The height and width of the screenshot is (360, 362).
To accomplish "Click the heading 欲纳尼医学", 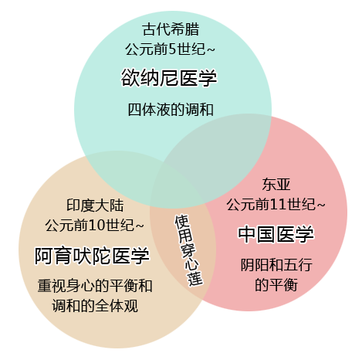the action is coord(169,77).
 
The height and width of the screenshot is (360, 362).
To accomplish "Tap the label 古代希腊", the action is coord(171,29).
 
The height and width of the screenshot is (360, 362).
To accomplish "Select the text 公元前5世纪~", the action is coord(170,49).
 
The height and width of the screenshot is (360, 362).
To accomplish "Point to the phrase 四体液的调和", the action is coord(171,110).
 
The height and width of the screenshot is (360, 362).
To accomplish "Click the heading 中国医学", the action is coord(276,234).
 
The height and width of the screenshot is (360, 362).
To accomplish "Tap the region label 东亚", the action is coord(276,185).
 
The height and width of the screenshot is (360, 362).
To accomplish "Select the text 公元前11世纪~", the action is coord(276,204).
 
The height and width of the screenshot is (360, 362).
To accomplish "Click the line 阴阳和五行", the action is coord(276,265).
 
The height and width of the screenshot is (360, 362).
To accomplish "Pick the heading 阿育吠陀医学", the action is coord(92,256).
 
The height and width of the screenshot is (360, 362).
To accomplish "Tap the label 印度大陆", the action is coord(95,205).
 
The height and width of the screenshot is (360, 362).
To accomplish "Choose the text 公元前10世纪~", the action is coord(94,225).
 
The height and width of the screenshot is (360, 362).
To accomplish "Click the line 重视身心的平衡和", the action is coord(95,286).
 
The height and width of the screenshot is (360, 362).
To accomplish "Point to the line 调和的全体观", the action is coord(95,306).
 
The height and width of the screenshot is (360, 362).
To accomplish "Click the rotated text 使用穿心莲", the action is coord(188,250).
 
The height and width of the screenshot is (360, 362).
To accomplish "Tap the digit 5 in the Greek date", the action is coord(172,49).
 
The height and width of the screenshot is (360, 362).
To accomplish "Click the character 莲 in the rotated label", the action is coord(195,279).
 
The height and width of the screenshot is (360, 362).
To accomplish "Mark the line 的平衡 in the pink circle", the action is coord(276,284).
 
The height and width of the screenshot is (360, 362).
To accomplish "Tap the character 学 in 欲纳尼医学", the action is coord(208,78).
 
